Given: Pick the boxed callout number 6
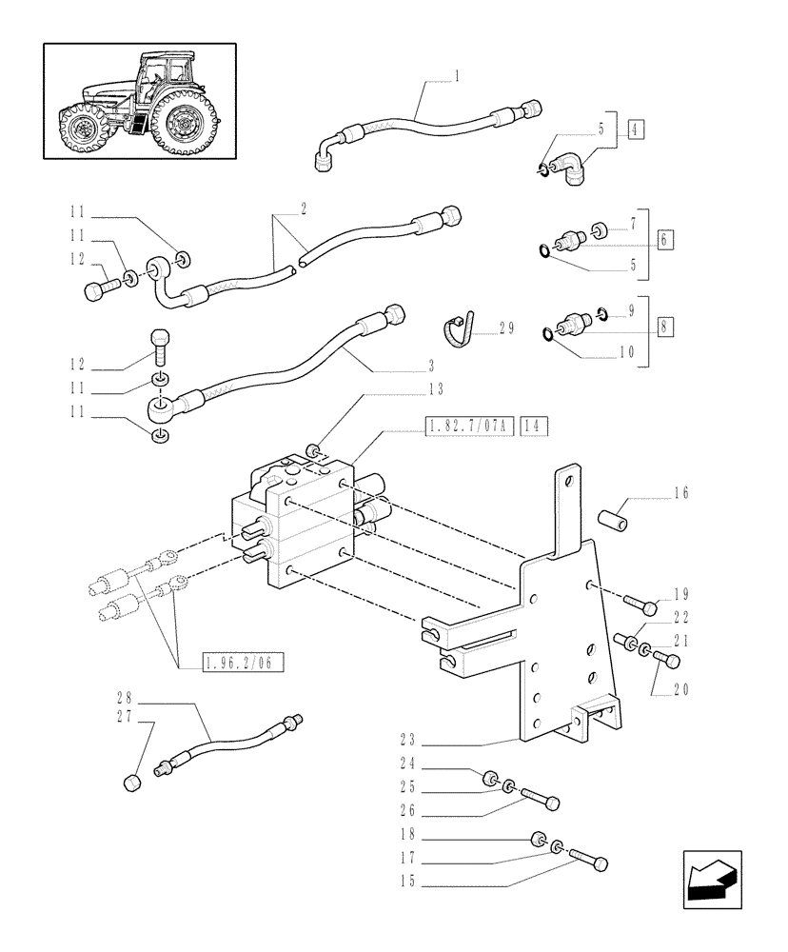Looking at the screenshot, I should [x=663, y=238].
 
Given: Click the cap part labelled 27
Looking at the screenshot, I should [x=133, y=783].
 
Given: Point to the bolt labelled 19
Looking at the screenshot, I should [x=642, y=605].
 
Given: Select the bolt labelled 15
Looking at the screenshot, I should [x=587, y=861].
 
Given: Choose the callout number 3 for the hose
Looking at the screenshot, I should [x=430, y=365].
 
